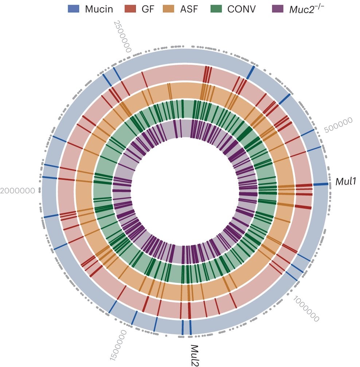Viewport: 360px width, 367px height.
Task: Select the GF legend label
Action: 148,9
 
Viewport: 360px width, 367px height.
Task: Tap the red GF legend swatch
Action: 130,9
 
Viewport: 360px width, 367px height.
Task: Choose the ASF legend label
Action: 189,9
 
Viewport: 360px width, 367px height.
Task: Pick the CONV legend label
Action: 242,9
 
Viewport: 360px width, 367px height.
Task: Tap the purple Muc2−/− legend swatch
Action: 279,9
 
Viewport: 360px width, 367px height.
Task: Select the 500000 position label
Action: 338,125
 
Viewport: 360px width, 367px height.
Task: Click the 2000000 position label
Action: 18,190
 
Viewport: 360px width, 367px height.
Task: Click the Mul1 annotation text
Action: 345,181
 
